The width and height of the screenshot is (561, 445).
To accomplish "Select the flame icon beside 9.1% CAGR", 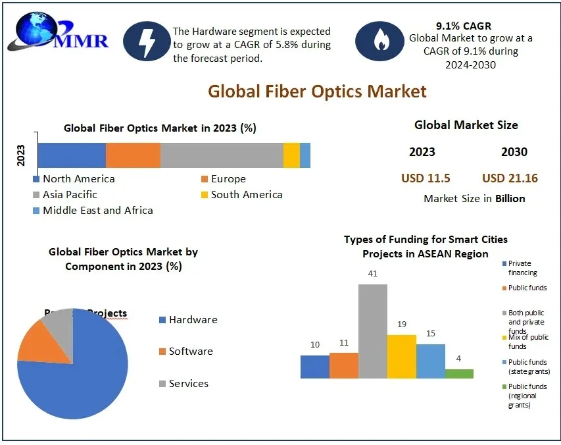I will click(x=379, y=41).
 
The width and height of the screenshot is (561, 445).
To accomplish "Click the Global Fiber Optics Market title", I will click(x=317, y=91).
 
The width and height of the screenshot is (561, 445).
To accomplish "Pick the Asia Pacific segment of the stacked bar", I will click(x=222, y=155).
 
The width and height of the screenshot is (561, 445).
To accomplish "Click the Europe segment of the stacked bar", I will click(x=133, y=155).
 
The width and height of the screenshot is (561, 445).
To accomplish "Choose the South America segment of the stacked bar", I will click(x=291, y=155).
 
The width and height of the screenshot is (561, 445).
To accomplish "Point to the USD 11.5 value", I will click(x=426, y=178).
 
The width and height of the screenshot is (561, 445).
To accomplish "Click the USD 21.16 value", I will click(x=510, y=178).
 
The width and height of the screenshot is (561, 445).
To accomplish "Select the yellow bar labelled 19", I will click(x=401, y=356).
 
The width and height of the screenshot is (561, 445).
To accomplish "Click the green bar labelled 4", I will click(x=459, y=373).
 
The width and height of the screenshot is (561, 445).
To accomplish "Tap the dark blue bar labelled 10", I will click(x=314, y=367).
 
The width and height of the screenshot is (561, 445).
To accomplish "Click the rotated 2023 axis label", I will click(x=20, y=155).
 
